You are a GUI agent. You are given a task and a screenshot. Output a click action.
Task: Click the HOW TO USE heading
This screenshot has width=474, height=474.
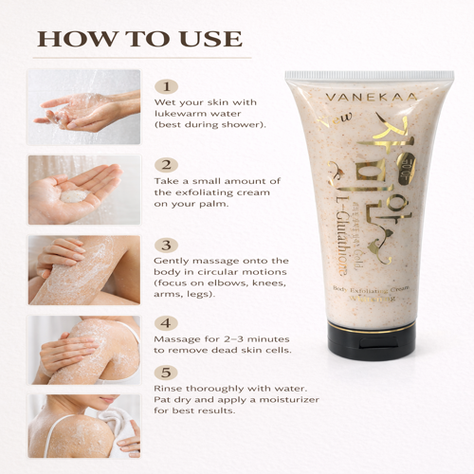[138, 40]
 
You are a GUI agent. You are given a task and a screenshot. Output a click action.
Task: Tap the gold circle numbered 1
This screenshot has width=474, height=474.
[167, 85]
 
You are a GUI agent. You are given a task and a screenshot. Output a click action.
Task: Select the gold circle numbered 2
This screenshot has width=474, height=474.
[167, 164]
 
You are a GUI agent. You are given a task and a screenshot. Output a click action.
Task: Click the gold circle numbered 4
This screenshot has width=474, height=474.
[167, 322]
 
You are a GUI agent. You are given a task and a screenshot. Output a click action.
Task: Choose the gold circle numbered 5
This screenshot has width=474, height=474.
[167, 374]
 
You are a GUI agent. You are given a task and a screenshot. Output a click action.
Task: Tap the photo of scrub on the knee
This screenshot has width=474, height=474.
[83, 269]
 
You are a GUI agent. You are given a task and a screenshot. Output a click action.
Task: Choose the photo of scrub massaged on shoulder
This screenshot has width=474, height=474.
[83, 349]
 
